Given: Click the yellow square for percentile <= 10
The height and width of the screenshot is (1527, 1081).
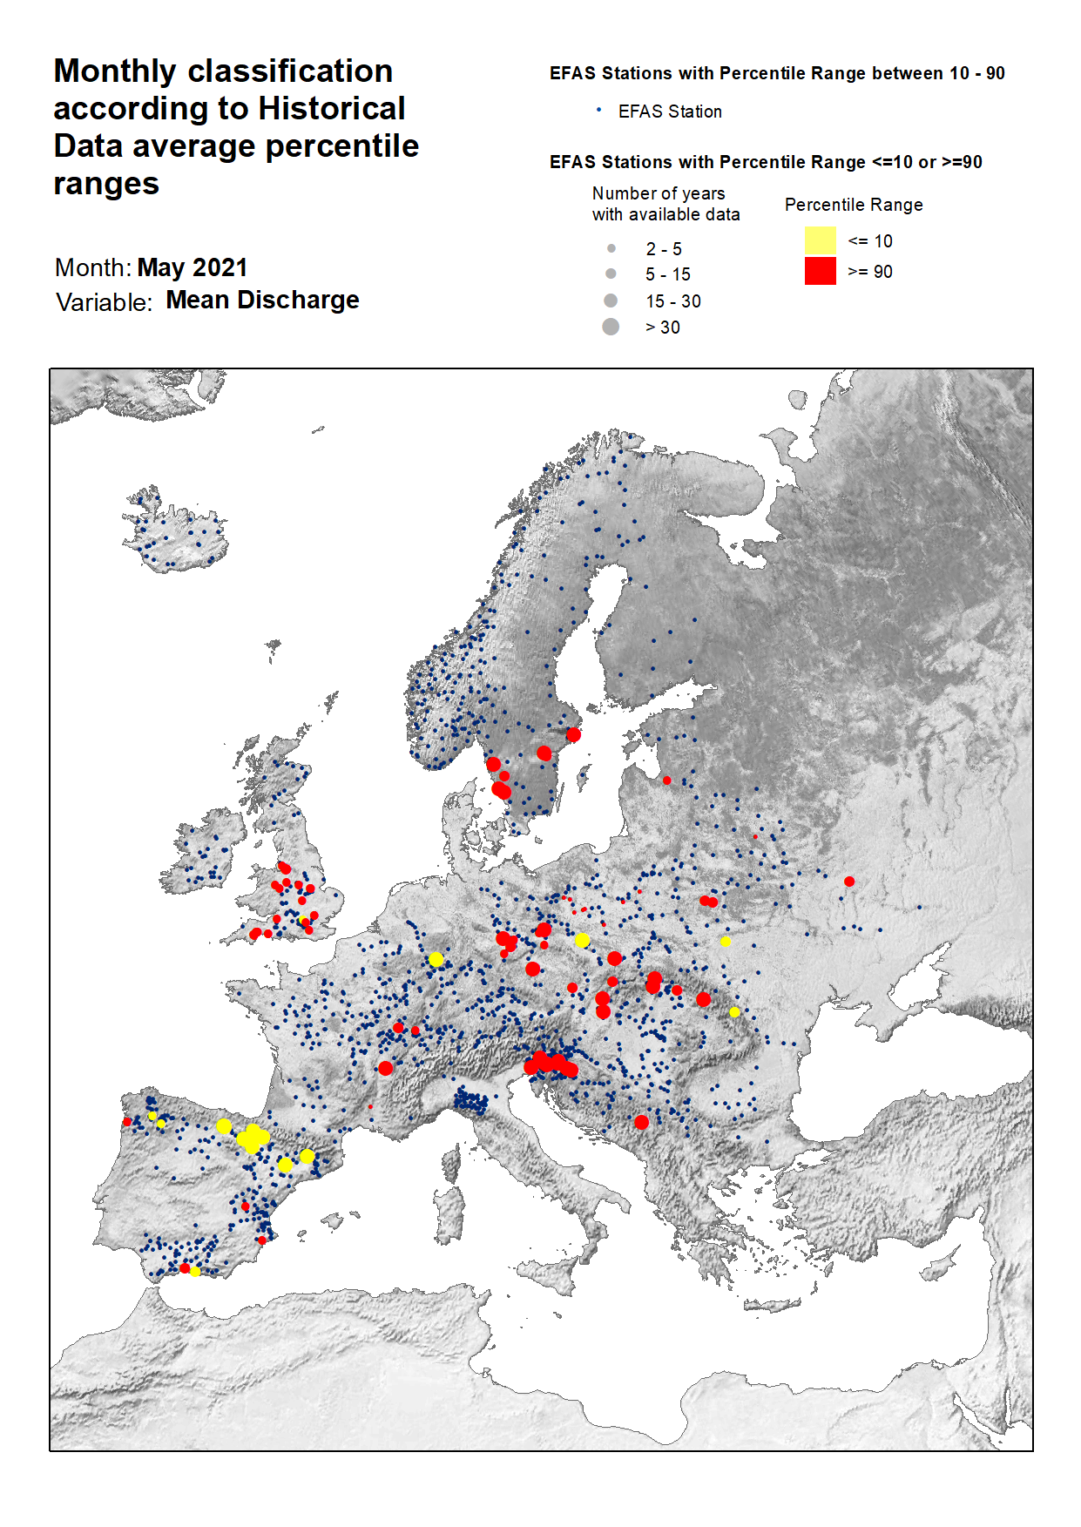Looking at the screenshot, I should (x=820, y=240).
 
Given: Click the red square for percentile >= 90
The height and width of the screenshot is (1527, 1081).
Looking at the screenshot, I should (x=820, y=271).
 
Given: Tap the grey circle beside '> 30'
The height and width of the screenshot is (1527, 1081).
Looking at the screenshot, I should (x=611, y=327).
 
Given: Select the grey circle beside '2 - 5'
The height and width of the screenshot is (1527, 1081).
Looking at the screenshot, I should (x=611, y=248).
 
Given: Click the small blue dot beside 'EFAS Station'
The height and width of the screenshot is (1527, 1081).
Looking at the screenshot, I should (x=598, y=110).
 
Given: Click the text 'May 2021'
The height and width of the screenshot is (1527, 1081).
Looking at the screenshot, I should (x=193, y=267).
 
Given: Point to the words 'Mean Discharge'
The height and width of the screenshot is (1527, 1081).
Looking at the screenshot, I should (x=262, y=300).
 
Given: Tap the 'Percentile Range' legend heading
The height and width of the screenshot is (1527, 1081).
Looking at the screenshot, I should (x=853, y=205).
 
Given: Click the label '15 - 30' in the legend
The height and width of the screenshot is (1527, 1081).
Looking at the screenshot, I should (x=672, y=301).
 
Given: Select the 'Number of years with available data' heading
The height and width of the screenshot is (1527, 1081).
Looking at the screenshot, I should (x=665, y=204).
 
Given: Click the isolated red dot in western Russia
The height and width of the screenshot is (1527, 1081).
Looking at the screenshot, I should (x=849, y=882).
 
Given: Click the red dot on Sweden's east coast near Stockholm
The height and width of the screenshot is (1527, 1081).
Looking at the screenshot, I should (x=573, y=734).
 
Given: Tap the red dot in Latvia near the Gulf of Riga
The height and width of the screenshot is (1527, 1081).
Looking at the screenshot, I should (x=666, y=780).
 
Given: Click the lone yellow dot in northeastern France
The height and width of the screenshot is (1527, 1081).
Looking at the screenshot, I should (x=436, y=959).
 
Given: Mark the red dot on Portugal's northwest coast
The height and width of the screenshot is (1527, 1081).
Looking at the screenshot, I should (x=127, y=1122).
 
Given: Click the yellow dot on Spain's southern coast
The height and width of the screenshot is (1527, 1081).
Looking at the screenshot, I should (x=195, y=1272).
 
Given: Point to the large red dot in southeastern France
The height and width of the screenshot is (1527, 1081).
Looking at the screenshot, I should (x=385, y=1068).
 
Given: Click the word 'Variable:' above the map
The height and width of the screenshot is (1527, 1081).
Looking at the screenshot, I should (x=104, y=302).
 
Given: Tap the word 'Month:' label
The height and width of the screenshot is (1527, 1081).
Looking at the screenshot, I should (x=92, y=267).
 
